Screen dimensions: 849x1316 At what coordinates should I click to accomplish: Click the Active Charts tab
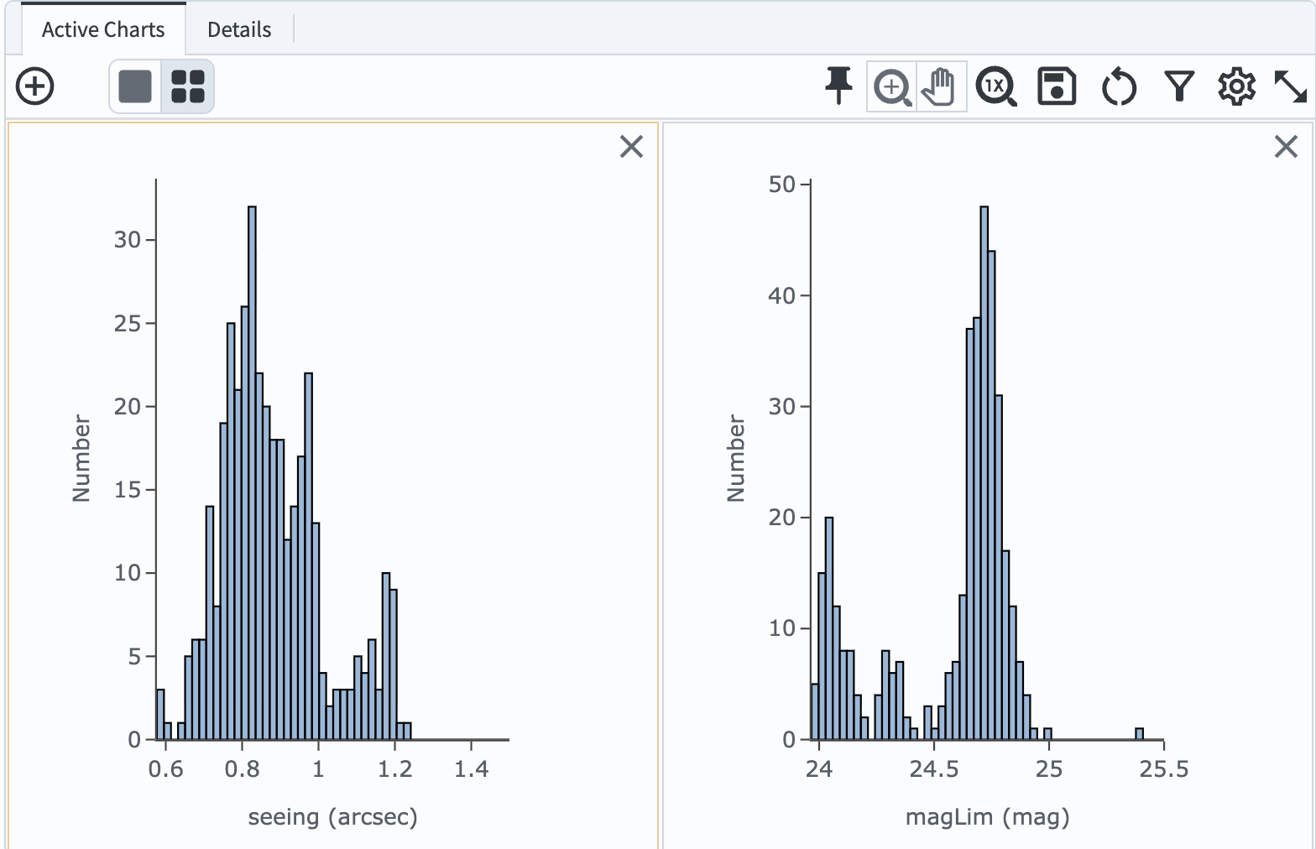[x=102, y=30]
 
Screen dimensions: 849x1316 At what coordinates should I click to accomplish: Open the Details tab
[x=239, y=30]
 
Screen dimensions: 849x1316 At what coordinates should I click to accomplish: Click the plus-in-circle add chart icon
[x=35, y=86]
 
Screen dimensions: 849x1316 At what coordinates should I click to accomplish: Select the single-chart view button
[x=135, y=86]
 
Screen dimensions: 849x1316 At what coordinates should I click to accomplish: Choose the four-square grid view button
[x=187, y=86]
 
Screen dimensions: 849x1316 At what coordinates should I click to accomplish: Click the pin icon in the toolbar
[x=838, y=86]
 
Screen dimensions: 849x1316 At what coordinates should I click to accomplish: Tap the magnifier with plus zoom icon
[x=892, y=86]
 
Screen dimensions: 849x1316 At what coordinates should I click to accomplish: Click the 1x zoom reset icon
[x=996, y=86]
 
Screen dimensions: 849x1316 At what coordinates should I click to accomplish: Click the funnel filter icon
[x=1179, y=86]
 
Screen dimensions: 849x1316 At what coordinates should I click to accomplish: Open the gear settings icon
[x=1236, y=86]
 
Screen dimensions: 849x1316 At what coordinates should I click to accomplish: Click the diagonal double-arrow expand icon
[x=1290, y=86]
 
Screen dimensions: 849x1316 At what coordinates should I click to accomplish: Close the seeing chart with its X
[x=631, y=147]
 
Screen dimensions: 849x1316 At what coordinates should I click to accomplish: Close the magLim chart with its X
[x=1286, y=147]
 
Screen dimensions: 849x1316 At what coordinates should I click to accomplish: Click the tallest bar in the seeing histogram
[x=252, y=470]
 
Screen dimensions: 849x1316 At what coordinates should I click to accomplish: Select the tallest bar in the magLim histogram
[x=984, y=470]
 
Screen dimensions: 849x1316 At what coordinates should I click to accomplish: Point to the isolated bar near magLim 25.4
[x=1139, y=734]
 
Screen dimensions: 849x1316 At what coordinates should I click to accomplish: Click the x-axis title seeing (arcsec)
[x=332, y=817]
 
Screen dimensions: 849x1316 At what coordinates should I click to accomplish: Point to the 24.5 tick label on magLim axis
[x=933, y=769]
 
